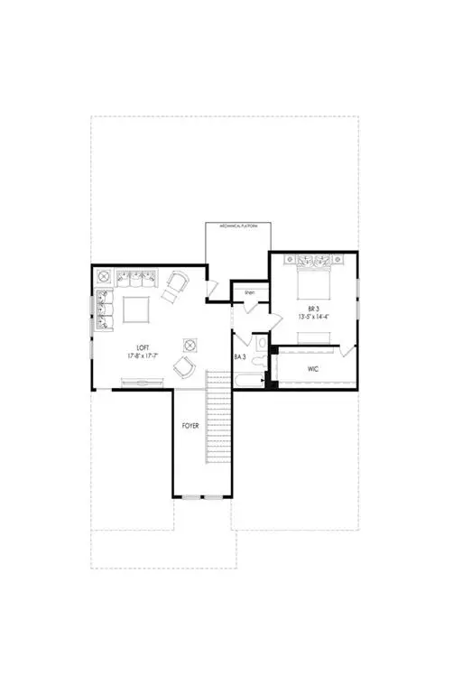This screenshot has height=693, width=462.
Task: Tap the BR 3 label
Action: point(313,308)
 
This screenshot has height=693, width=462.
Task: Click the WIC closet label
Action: point(313,368)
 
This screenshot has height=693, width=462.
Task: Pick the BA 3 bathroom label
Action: point(241,356)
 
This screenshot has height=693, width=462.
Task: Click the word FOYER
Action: point(190,425)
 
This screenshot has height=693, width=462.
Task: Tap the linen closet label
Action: point(249,292)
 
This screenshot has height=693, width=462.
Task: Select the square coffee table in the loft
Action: point(137,310)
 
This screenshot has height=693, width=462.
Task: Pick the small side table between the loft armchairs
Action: point(189,344)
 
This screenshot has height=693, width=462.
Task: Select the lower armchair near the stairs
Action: point(183,366)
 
